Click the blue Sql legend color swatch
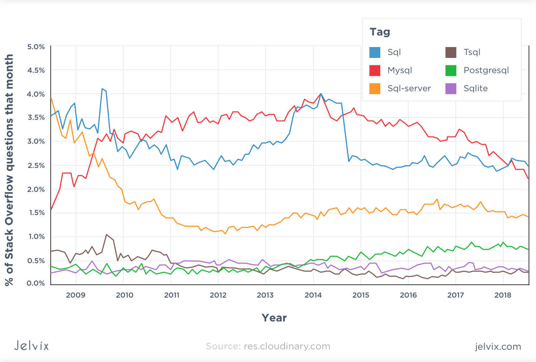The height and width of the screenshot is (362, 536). pos(375,52)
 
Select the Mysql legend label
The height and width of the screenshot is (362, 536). pos(399,70)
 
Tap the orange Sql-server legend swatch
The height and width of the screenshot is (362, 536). pos(375,89)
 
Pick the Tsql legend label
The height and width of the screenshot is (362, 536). pos(472,52)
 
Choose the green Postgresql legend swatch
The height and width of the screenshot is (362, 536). pos(451,71)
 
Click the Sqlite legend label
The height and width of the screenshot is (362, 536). pos(475,88)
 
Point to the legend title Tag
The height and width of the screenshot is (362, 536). pos(380,32)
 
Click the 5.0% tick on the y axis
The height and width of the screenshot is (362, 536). pos(36,47)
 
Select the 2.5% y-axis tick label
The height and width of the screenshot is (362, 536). pos(36,165)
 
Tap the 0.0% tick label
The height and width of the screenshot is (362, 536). pos(36,283)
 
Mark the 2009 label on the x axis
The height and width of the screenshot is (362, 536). pos(76,295)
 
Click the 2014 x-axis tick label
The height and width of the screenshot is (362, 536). pos(313,295)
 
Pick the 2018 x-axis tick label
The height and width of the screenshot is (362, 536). pos(503,295)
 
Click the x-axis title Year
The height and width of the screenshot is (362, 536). pos(274,318)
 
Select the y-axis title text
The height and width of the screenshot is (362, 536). pos(9,170)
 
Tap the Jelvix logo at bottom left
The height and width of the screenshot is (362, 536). pos(32,346)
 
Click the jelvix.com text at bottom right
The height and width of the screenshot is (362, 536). pos(498,346)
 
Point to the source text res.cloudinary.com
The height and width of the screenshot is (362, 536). pos(286,346)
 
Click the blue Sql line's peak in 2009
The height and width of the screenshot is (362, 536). pos(102,89)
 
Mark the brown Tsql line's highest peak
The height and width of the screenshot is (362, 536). pos(106,235)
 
